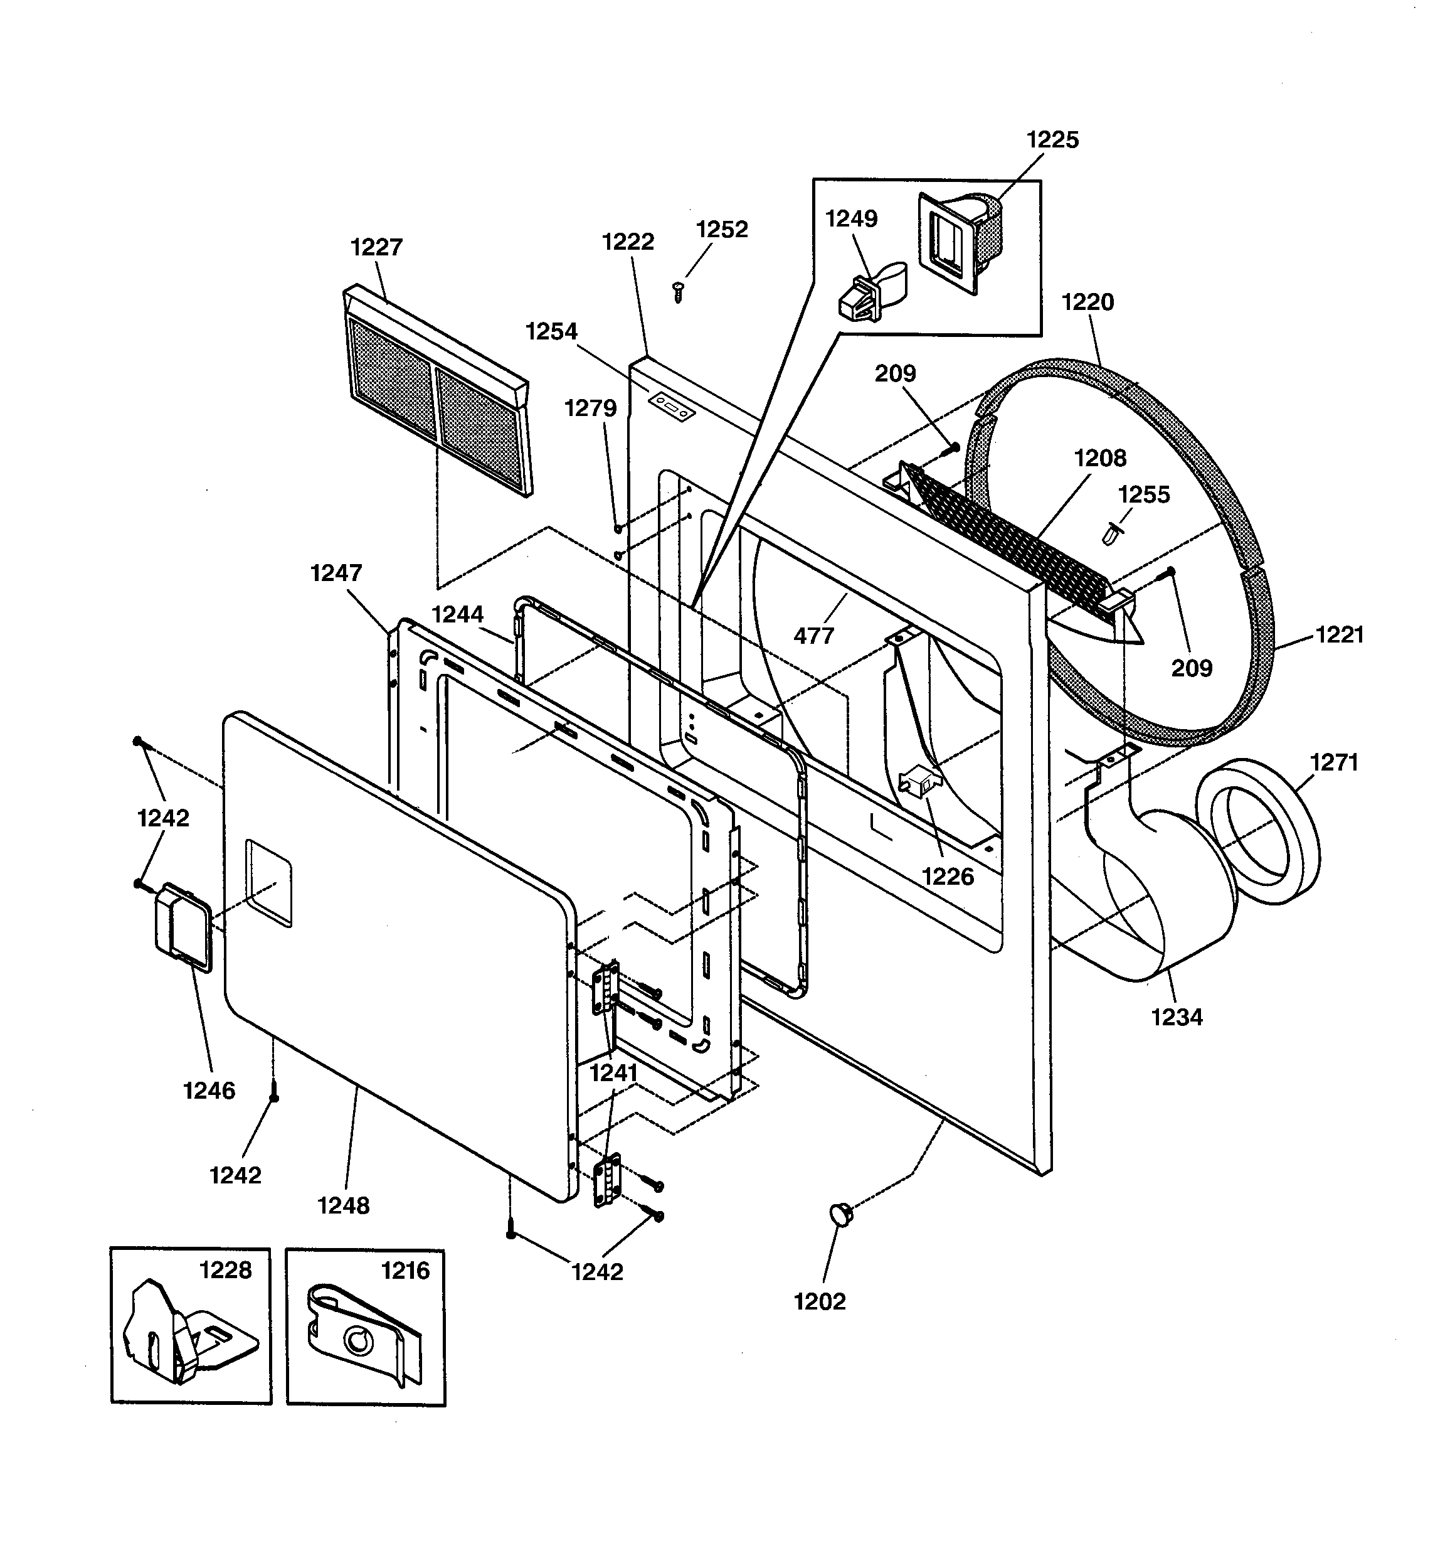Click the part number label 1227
click(376, 247)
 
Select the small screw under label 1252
click(678, 292)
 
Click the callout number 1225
click(1052, 140)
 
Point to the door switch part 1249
click(867, 296)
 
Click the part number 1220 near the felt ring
click(1087, 302)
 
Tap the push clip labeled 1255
click(1112, 533)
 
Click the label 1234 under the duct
click(1176, 1017)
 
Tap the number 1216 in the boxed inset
click(405, 1271)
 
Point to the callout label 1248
click(343, 1205)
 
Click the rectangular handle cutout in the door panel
click(268, 883)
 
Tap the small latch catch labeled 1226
click(921, 781)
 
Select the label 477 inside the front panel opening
click(814, 636)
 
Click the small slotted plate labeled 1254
click(672, 406)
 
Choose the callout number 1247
click(336, 574)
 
